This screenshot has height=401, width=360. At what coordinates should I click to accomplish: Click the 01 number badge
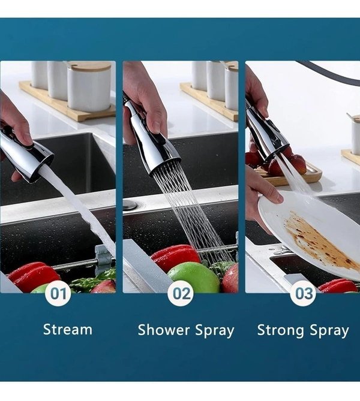click(x=58, y=293)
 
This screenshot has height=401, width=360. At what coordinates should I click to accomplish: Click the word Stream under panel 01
click(x=68, y=330)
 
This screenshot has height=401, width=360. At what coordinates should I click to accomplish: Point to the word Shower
click(x=164, y=330)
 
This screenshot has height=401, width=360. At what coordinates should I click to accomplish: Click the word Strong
click(x=281, y=330)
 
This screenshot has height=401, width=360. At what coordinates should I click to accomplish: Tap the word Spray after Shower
click(x=215, y=331)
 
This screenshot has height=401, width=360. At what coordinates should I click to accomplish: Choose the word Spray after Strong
click(x=329, y=331)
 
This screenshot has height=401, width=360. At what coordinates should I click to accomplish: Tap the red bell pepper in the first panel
click(x=33, y=276)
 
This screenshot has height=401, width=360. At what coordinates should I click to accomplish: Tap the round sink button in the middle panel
click(x=130, y=205)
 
